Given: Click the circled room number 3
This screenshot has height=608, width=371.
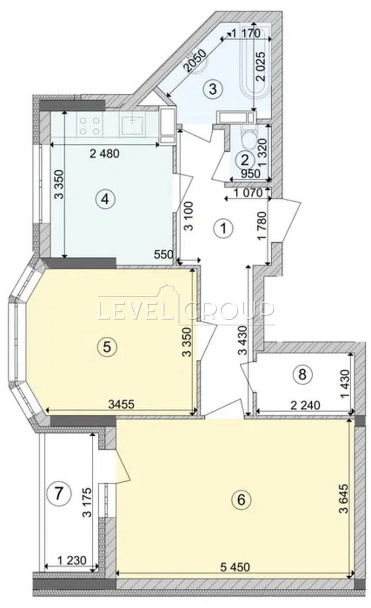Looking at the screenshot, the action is (213, 89).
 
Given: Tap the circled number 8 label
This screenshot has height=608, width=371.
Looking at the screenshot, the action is (302, 375).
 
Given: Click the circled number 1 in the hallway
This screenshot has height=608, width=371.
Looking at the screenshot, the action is (224, 229).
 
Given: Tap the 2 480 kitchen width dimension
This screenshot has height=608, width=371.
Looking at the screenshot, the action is (104, 154).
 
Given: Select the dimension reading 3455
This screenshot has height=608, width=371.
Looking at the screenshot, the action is (121, 404).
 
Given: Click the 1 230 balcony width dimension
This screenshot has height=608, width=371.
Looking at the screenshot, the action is (72, 560).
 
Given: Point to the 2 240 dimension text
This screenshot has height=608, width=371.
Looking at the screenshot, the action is (306, 405).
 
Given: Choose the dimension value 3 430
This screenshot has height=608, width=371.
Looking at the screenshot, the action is (243, 340).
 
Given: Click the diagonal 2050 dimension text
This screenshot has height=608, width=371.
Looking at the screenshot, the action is (195, 61).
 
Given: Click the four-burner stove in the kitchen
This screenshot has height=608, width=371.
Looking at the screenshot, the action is (90, 126).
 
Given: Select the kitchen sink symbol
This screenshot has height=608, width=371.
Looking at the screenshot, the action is (133, 125).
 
